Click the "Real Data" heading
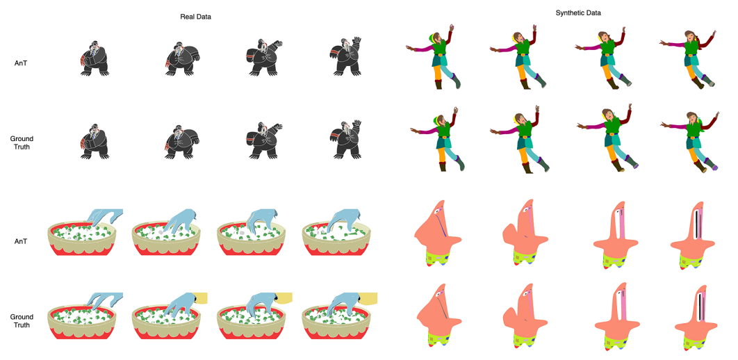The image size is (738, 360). pyautogui.click(x=196, y=17)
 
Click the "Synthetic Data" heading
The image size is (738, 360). pyautogui.click(x=578, y=13)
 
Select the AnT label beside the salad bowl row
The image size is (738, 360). pyautogui.click(x=22, y=241)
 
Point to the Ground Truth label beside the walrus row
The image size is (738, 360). pyautogui.click(x=22, y=143)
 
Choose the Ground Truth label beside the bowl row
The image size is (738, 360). pyautogui.click(x=22, y=321)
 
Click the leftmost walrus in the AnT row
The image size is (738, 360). pyautogui.click(x=95, y=58)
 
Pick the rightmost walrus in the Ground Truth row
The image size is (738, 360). pyautogui.click(x=345, y=139)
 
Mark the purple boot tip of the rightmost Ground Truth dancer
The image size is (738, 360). pyautogui.click(x=714, y=167)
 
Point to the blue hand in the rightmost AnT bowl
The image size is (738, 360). pyautogui.click(x=343, y=219)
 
